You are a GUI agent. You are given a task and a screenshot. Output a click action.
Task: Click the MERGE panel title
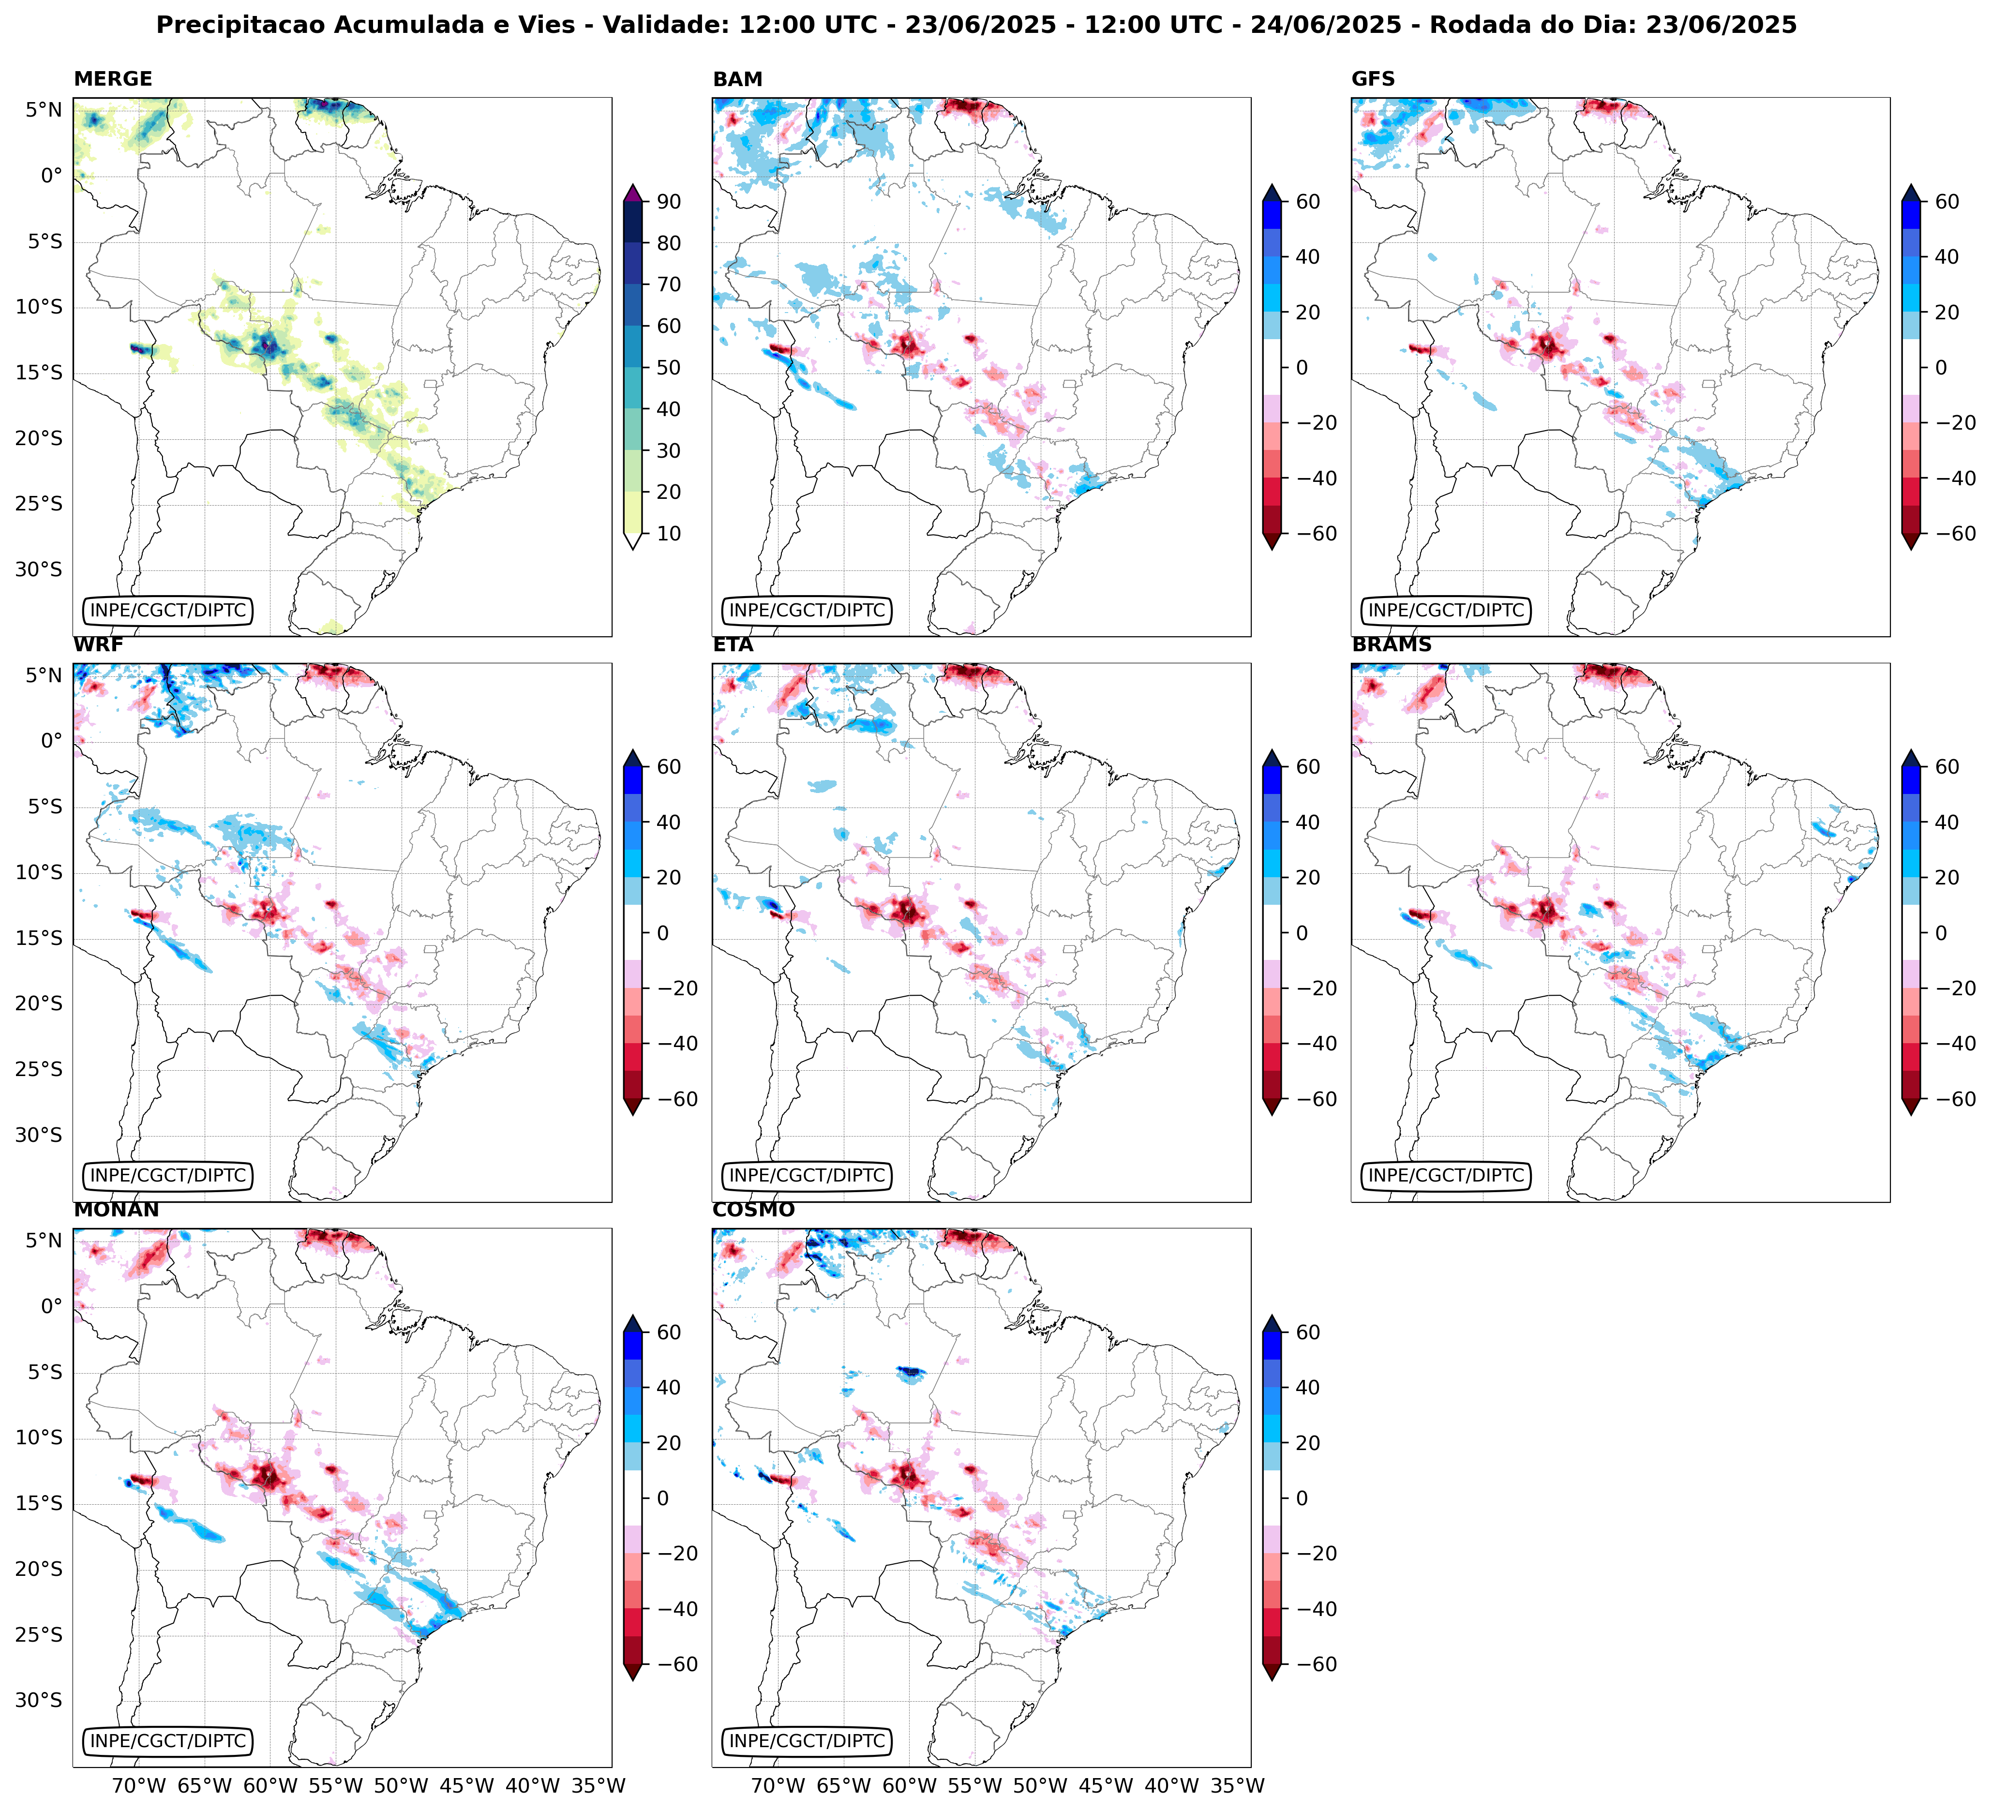pyautogui.click(x=113, y=79)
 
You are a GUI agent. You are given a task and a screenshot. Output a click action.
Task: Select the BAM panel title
pyautogui.click(x=738, y=79)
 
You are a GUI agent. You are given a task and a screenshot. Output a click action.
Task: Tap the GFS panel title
pyautogui.click(x=1373, y=79)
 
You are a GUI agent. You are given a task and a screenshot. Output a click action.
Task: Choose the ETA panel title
pyautogui.click(x=733, y=645)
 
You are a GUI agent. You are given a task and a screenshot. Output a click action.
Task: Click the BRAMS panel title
pyautogui.click(x=1392, y=645)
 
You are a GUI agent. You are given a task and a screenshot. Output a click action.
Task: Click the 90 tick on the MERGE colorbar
pyautogui.click(x=669, y=201)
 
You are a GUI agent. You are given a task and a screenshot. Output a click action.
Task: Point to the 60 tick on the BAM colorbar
pyautogui.click(x=1308, y=201)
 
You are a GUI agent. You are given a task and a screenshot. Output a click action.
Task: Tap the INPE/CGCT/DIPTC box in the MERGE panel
pyautogui.click(x=168, y=610)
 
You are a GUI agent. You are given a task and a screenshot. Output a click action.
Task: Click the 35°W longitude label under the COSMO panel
pyautogui.click(x=1238, y=1785)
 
